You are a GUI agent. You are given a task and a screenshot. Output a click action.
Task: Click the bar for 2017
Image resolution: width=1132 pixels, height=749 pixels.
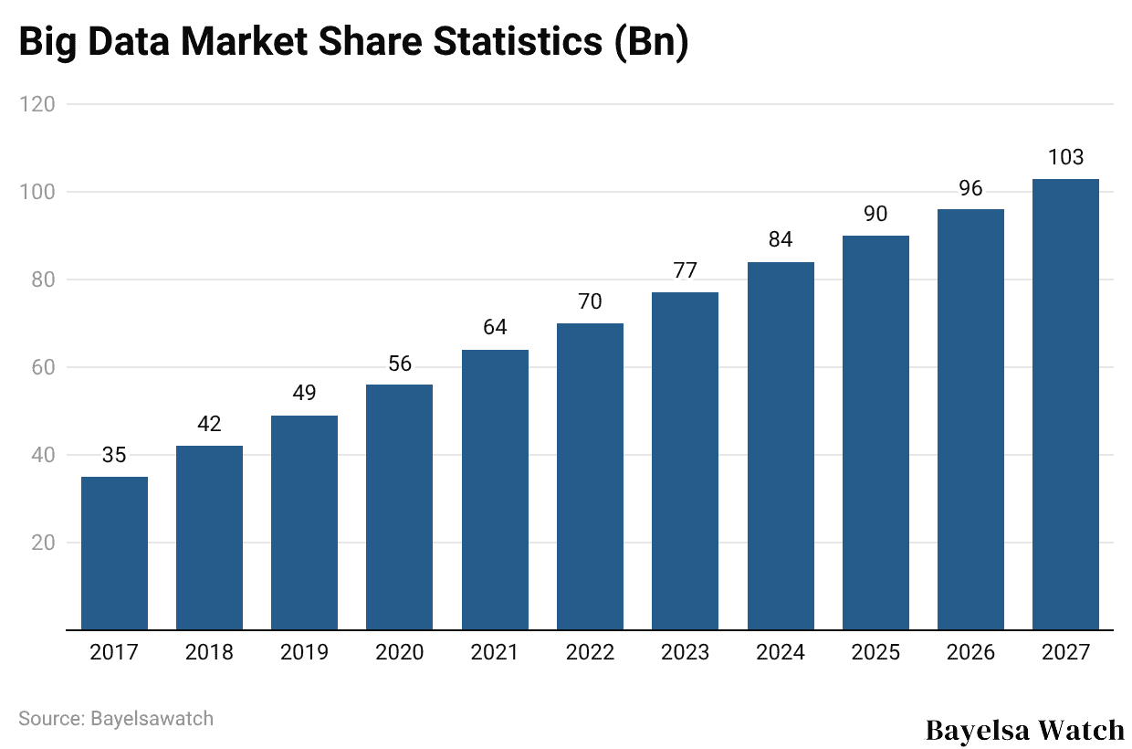tap(114, 554)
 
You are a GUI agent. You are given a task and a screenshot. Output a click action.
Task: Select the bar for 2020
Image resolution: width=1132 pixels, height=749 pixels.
tap(400, 507)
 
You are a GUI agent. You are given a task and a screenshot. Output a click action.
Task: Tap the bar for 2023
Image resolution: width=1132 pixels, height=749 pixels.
tap(685, 461)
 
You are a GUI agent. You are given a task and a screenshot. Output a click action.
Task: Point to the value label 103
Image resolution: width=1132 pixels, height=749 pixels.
tap(1065, 157)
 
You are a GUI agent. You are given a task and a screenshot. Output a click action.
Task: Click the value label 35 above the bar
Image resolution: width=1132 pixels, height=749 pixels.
tap(114, 455)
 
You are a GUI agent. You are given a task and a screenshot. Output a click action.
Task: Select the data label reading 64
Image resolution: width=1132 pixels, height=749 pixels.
tap(495, 327)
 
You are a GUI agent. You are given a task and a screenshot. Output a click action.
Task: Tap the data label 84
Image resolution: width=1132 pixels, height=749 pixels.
tap(781, 240)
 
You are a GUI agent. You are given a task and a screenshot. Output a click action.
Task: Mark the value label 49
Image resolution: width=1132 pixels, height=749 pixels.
tap(304, 393)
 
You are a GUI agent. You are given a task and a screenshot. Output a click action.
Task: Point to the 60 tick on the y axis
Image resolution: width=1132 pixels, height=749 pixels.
tap(42, 367)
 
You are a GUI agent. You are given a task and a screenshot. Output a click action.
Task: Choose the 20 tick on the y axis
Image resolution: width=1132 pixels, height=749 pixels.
tap(42, 543)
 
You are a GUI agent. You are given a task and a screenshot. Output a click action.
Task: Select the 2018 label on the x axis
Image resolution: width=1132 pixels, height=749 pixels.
tap(209, 652)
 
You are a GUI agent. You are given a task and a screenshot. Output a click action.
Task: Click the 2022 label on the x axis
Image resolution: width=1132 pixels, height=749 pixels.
tap(590, 652)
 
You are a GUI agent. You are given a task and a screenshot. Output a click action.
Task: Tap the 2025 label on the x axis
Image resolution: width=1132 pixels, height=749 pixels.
tap(875, 652)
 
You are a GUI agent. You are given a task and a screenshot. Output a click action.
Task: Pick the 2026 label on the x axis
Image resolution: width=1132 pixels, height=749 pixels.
tap(970, 652)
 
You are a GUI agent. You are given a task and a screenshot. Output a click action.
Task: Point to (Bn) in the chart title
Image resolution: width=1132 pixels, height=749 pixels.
tap(650, 44)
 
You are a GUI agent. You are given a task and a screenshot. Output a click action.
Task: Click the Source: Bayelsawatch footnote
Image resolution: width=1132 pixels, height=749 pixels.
tap(116, 718)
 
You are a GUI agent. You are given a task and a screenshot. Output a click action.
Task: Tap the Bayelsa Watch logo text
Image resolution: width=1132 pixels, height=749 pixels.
tap(1025, 730)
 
